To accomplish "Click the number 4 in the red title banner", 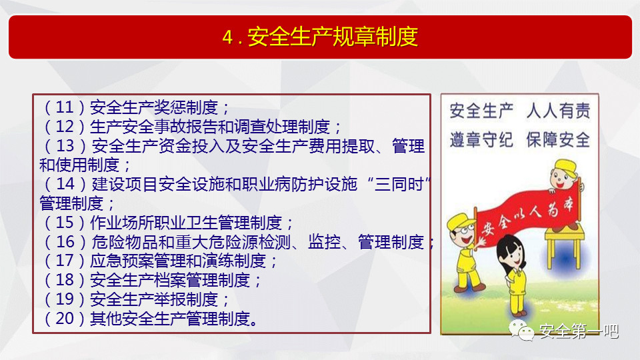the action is tap(227, 37).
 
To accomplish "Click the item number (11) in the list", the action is tap(65, 107).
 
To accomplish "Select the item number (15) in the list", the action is tap(65, 223).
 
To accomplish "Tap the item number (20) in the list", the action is tap(65, 319).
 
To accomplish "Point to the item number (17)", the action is tap(65, 261).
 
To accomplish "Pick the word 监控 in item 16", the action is tap(324, 241).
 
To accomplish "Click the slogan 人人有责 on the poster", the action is tap(558, 111).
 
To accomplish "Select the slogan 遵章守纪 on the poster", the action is tap(481, 139).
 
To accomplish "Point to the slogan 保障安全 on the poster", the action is tap(558, 139).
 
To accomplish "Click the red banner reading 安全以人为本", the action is tap(527, 216).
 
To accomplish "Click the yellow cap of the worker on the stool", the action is tap(565, 167).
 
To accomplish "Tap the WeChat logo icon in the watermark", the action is tap(521, 330).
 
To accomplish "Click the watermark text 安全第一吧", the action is tap(579, 331).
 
